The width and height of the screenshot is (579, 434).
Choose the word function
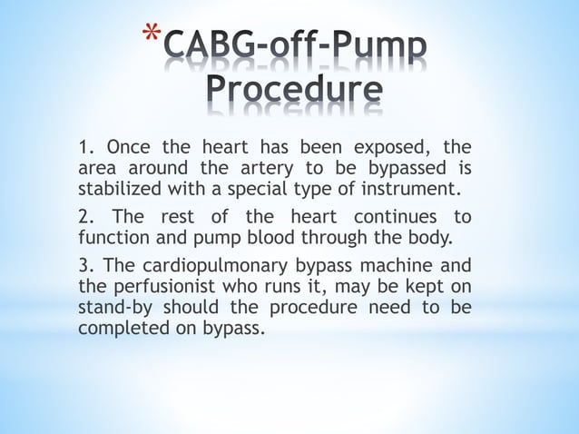112,240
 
